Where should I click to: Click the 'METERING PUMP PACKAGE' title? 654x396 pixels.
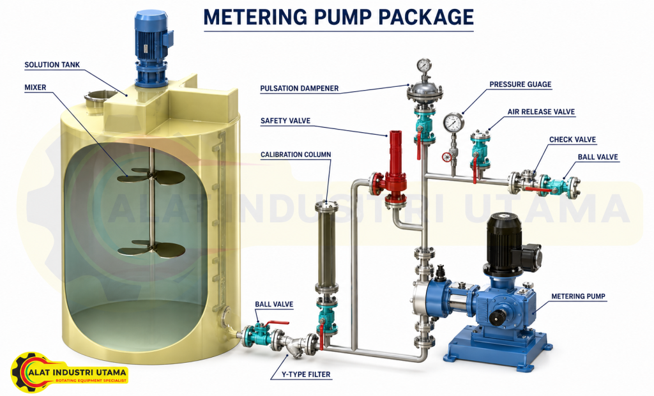tap(338, 17)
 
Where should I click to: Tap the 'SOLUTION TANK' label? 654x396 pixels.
tap(52, 65)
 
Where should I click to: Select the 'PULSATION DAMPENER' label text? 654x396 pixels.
tap(300, 89)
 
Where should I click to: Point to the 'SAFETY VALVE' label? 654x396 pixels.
tap(285, 121)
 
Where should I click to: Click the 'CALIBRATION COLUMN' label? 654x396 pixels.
tap(296, 155)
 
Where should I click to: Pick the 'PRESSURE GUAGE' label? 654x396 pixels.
tap(521, 84)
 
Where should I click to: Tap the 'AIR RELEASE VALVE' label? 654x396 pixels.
tap(541, 112)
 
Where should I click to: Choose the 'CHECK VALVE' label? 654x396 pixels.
tap(572, 139)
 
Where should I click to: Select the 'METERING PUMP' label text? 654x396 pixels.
tap(578, 296)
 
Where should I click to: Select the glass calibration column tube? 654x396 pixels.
tap(326, 248)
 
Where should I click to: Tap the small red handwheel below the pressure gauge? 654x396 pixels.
tap(447, 157)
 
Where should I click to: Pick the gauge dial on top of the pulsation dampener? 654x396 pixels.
tap(424, 66)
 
